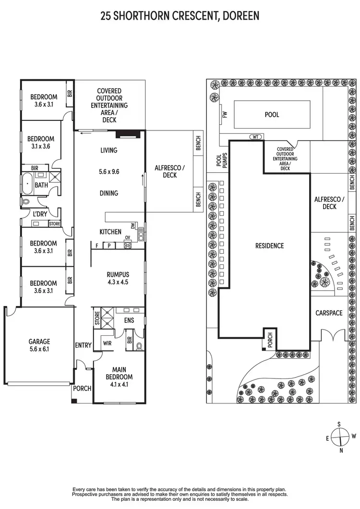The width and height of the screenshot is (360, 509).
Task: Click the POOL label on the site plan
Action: click(x=272, y=115)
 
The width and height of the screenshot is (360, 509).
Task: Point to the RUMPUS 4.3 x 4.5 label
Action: click(x=118, y=278)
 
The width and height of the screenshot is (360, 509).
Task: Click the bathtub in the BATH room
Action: click(x=27, y=184)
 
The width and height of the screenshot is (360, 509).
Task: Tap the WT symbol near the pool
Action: click(x=255, y=137)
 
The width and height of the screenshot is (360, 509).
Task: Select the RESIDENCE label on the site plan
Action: click(x=269, y=246)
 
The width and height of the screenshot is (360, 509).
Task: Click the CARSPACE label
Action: click(x=329, y=313)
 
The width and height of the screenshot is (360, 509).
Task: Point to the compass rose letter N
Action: click(x=341, y=450)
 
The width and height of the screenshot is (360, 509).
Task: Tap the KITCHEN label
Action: click(x=110, y=232)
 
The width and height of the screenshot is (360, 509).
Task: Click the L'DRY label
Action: click(x=39, y=214)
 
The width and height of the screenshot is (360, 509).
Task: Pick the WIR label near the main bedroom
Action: click(x=108, y=343)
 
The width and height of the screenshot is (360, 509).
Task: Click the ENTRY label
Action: click(x=83, y=345)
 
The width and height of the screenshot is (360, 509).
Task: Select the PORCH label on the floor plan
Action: click(x=82, y=388)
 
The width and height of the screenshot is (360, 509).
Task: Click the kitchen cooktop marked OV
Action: click(x=128, y=245)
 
